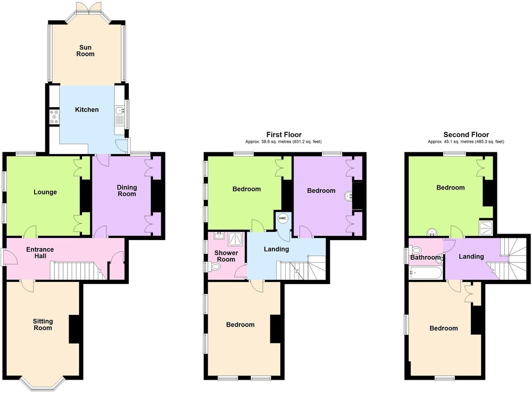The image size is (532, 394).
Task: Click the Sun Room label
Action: (86, 51)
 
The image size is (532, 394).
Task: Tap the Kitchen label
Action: (87, 110)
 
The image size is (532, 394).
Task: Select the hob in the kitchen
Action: (54, 117)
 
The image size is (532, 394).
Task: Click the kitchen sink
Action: (119, 111)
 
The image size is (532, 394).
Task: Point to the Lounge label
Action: (45, 192)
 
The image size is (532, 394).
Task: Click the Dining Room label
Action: (127, 191)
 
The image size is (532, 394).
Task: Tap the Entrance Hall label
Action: (40, 253)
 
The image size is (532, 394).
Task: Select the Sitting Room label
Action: (43, 324)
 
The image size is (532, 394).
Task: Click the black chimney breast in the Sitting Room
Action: (74, 330)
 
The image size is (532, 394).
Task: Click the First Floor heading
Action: (284, 134)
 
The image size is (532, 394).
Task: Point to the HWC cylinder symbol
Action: (282, 218)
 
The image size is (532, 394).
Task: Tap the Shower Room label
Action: (226, 256)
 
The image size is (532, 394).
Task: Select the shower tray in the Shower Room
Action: (235, 239)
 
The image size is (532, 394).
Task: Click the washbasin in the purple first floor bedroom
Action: (349, 196)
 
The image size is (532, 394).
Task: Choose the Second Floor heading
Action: (466, 134)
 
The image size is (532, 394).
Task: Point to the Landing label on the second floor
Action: (471, 256)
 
